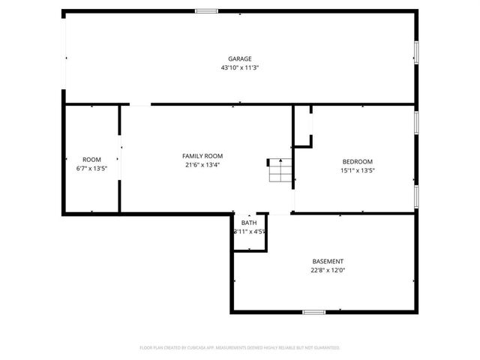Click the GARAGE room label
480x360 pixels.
pos(240,58)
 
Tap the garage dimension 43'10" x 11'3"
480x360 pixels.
pos(240,67)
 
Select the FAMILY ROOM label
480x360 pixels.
pos(203,156)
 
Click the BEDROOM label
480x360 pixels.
pos(358,162)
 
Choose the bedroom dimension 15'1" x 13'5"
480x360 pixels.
pos(358,171)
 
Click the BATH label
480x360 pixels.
pos(249,223)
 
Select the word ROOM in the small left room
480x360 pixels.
pos(91,160)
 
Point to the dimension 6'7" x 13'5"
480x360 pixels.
pos(91,169)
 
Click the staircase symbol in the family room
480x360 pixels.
pos(279,171)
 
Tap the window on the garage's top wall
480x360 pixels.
pos(206,10)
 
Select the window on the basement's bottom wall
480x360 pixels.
pos(313,311)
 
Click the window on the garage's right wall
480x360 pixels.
pos(416,52)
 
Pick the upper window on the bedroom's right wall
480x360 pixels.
pos(416,122)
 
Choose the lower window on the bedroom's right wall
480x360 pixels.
pos(416,195)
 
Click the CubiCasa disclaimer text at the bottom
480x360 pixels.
pos(240,348)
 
